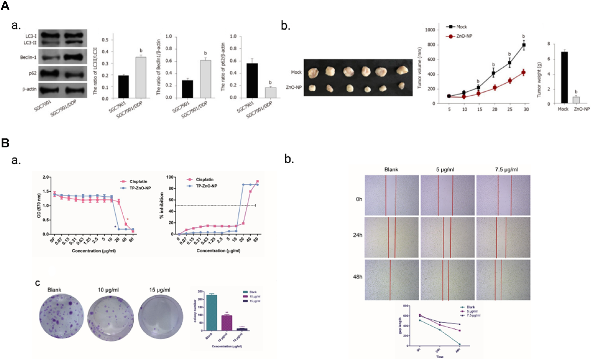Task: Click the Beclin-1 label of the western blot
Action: pos(28,57)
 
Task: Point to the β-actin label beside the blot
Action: pos(29,89)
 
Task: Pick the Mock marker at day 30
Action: pos(524,45)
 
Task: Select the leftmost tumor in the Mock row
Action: pos(314,72)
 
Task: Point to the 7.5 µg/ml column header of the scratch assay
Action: pos(506,169)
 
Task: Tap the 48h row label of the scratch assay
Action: pos(357,277)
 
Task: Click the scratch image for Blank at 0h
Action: pos(392,195)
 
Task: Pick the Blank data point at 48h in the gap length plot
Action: pos(459,344)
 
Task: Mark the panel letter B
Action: pos(5,143)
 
